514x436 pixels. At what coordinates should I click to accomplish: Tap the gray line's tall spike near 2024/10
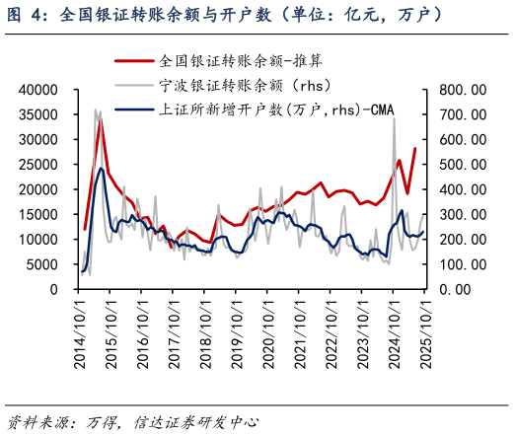point(394,117)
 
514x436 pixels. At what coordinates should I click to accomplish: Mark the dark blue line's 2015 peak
point(101,169)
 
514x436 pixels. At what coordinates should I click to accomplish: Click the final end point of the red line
point(414,149)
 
